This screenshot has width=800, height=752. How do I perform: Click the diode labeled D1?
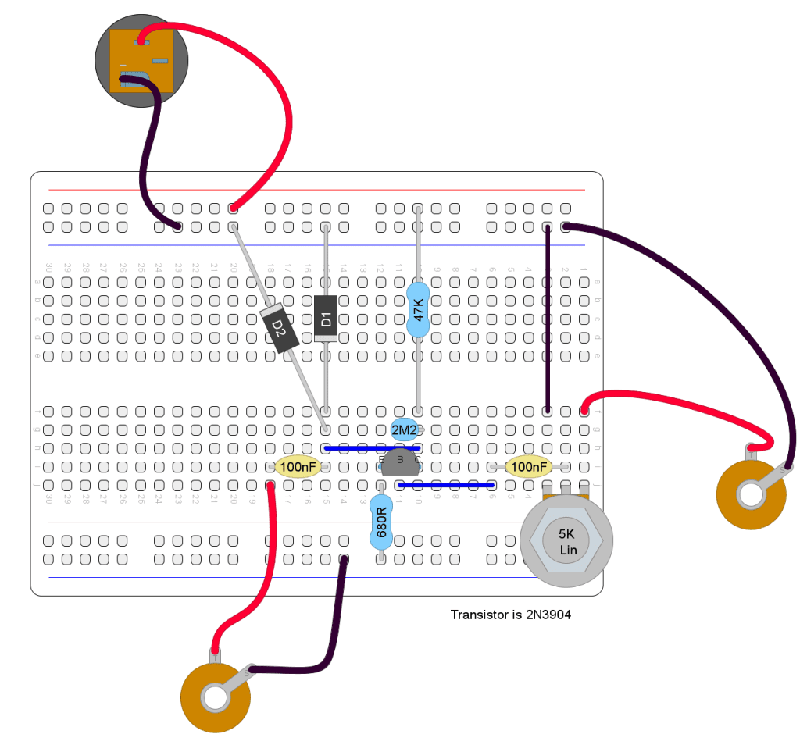tap(326, 319)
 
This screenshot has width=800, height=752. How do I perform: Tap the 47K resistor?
tap(418, 310)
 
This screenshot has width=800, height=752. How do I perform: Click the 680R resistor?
tap(380, 519)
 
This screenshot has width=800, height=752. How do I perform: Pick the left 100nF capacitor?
tap(298, 467)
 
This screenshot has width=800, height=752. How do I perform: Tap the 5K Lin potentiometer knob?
tap(567, 541)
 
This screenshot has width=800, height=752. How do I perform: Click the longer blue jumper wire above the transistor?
tap(372, 448)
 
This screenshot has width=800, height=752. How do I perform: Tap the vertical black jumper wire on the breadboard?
tap(548, 320)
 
